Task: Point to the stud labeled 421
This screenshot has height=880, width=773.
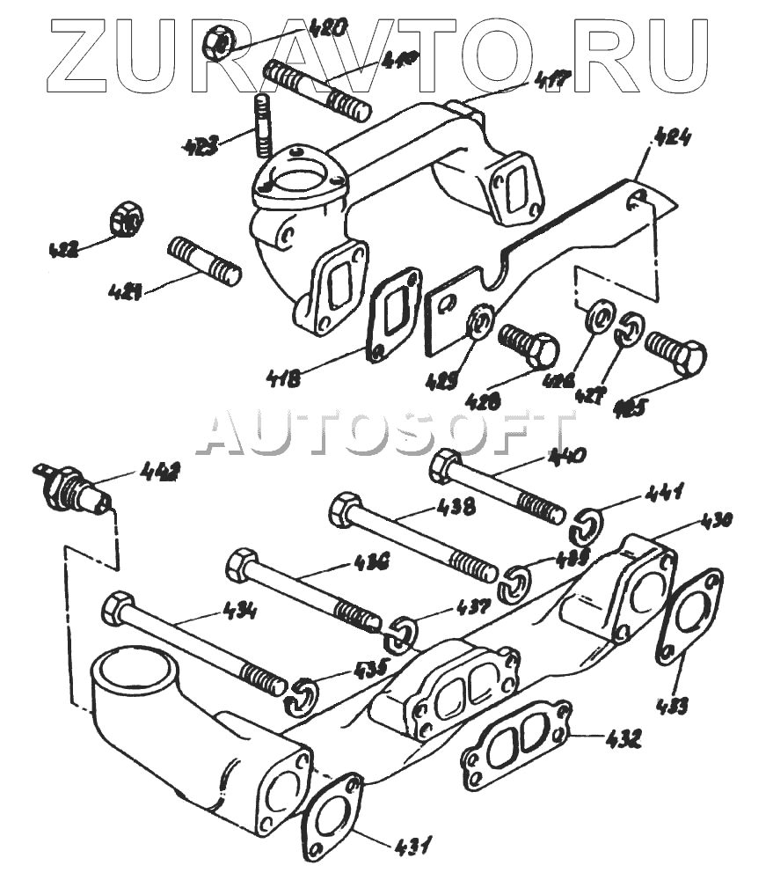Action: pyautogui.click(x=203, y=261)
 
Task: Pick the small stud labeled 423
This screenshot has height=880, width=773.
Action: pyautogui.click(x=262, y=124)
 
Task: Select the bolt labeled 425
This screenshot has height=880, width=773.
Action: pyautogui.click(x=675, y=355)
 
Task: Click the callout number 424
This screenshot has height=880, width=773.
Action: pyautogui.click(x=673, y=139)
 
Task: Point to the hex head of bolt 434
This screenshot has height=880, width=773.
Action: pyautogui.click(x=118, y=608)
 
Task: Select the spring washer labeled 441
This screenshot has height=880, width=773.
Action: pyautogui.click(x=585, y=525)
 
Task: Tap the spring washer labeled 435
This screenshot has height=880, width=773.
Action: pyautogui.click(x=300, y=695)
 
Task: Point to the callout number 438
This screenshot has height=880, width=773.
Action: pyautogui.click(x=455, y=506)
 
